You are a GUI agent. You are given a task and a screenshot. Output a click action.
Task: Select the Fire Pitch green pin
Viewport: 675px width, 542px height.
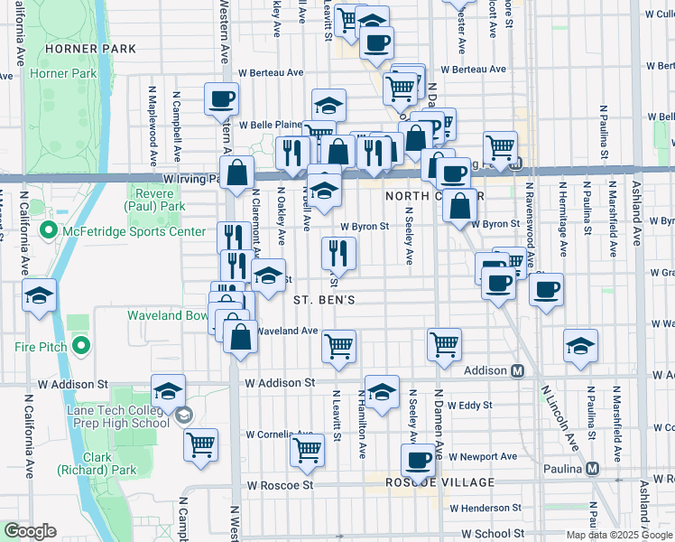click(x=82, y=345)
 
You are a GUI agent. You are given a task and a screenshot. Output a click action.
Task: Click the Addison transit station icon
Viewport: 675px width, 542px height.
click(x=518, y=370)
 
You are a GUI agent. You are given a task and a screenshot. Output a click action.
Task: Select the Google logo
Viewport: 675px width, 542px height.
click(x=30, y=531)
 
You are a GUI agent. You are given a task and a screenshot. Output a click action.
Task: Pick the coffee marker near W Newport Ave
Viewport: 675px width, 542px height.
click(x=418, y=459)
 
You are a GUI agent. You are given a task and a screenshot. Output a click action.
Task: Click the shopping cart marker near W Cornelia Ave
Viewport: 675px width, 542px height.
click(x=308, y=450)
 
